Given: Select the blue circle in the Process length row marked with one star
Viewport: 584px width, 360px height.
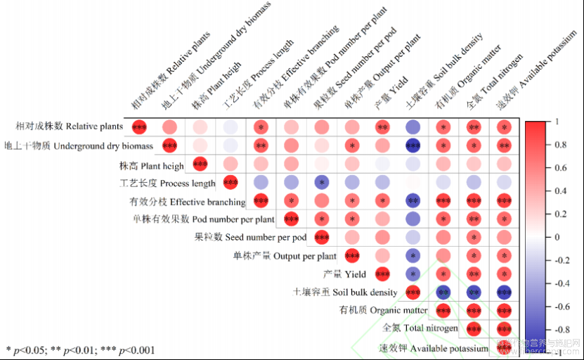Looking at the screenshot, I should (x=322, y=183).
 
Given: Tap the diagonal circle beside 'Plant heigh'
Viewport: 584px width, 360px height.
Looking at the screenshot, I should (x=200, y=165).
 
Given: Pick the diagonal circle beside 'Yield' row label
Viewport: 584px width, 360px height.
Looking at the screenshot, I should (x=383, y=274).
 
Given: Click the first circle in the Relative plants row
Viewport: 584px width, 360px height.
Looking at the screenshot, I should (x=139, y=127).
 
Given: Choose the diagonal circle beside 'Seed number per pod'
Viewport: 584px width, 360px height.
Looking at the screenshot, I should (x=322, y=237).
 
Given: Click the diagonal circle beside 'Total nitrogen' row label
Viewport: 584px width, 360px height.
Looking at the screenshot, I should (x=474, y=328).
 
